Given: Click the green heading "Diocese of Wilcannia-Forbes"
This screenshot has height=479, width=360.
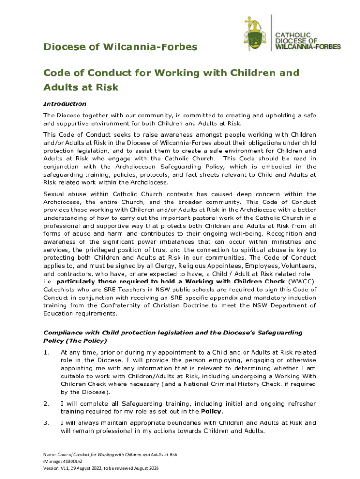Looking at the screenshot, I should tap(120, 47).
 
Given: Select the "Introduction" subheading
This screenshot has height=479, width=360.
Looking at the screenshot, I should tap(65, 103).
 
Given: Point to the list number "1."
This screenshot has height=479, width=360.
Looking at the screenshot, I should tap(46, 352).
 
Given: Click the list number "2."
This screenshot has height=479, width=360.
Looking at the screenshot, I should tap(46, 404).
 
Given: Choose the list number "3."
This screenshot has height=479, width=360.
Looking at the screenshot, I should tap(46, 423).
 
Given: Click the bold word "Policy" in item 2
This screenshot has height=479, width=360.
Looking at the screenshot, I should tap(212, 412).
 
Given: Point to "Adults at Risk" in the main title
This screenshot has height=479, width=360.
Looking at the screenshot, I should tap(81, 87).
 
